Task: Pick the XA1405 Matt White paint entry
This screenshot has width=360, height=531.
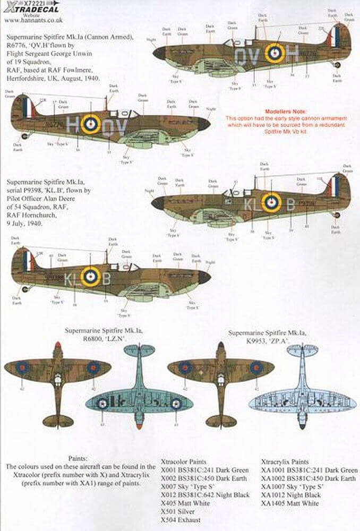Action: click(x=291, y=503)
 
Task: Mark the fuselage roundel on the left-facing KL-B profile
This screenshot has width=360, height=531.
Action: click(x=91, y=276)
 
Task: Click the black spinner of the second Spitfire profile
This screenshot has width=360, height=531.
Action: click(x=204, y=124)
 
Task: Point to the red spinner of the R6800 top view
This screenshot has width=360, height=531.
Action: click(x=57, y=347)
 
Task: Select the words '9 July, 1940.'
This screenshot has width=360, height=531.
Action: click(x=27, y=224)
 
